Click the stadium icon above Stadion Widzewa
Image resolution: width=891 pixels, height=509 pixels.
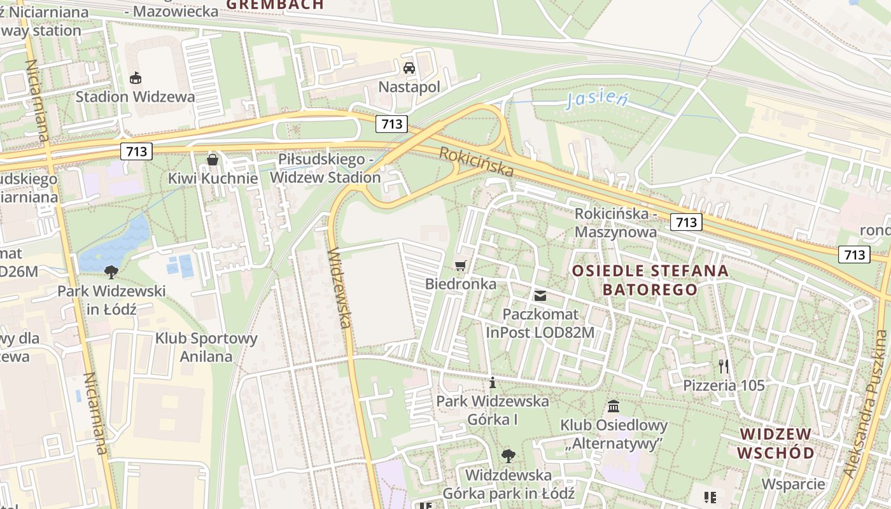coord(135,78)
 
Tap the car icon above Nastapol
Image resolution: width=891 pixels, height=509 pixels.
coord(409,67)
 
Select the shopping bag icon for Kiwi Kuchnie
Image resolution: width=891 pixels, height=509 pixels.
coord(213,159)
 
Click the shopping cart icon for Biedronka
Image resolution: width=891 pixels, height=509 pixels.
coord(460,265)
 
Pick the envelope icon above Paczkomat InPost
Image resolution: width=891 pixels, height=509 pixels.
coord(540,295)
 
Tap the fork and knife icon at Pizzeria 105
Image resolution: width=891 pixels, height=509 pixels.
coord(724,366)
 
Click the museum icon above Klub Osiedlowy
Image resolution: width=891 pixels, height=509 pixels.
coord(614,406)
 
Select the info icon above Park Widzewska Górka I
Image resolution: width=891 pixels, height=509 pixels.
coord(492,382)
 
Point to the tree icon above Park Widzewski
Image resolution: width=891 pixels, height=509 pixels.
coord(111,272)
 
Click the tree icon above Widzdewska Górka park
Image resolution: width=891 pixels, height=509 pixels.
coord(508,456)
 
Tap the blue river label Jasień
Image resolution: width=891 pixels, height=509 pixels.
coord(596,99)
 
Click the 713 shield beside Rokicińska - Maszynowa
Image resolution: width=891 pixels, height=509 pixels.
coord(686,222)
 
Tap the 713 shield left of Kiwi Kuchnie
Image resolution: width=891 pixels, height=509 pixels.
coord(136,151)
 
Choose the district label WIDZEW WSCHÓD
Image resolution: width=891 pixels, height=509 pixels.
coord(775,443)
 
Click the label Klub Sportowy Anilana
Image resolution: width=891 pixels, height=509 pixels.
coord(206,347)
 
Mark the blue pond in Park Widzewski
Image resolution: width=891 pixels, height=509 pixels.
coord(115,245)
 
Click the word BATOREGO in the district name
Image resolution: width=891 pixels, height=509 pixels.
coord(650,289)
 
